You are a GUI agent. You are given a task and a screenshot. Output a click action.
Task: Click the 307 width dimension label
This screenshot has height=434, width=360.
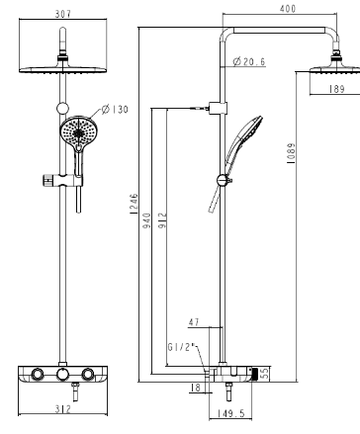tap(63, 14)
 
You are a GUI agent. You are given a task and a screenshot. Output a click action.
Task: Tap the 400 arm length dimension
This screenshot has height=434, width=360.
tap(288, 9)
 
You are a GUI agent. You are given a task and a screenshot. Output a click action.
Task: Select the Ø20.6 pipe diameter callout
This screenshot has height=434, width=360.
tap(249, 61)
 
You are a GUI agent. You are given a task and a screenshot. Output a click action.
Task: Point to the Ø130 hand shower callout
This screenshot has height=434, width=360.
tap(115, 109)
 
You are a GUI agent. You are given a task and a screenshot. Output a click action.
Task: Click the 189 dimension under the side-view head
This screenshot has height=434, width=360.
tap(336, 89)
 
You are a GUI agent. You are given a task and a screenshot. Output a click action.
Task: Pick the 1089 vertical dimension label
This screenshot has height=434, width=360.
tap(292, 153)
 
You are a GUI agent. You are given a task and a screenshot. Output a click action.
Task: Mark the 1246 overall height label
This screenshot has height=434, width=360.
tap(134, 204)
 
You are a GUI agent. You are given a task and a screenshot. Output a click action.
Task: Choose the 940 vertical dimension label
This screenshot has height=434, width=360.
tap(146, 220)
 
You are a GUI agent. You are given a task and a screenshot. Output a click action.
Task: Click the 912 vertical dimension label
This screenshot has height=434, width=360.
tap(162, 220)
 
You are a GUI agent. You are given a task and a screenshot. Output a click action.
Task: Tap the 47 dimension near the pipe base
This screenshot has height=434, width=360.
tap(194, 322)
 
